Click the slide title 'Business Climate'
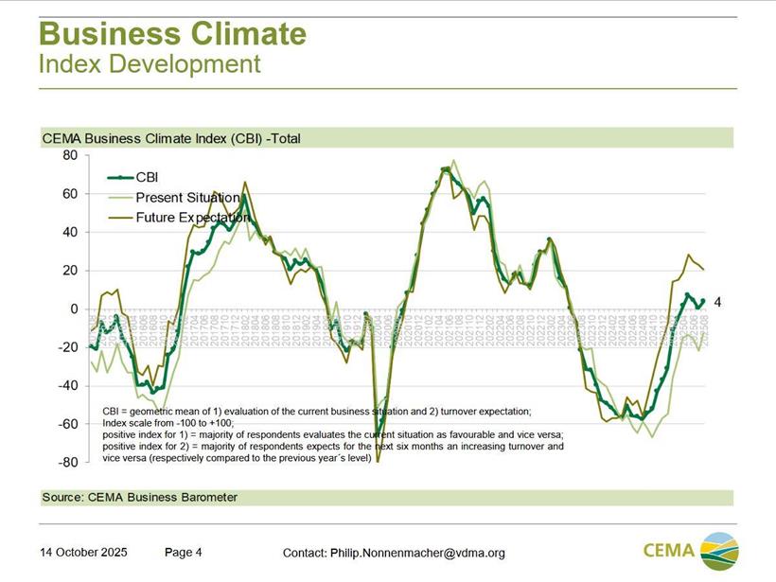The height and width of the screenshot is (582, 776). (x=172, y=34)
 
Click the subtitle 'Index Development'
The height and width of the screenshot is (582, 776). (x=150, y=64)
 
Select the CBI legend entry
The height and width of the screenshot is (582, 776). (x=147, y=177)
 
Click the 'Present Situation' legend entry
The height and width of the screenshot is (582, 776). (x=186, y=198)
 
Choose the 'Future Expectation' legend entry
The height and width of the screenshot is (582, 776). (x=192, y=218)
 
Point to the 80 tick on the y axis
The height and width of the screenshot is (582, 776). (x=70, y=155)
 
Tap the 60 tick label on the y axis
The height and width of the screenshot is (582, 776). (x=70, y=194)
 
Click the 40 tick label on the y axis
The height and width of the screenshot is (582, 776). (x=70, y=232)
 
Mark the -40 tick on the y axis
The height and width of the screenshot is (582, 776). (x=67, y=386)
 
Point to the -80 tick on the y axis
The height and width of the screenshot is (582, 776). (x=67, y=463)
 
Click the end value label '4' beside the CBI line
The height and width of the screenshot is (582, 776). (x=717, y=303)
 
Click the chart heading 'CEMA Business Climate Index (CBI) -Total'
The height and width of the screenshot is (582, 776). (x=171, y=138)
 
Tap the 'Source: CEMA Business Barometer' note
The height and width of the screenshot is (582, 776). (x=140, y=497)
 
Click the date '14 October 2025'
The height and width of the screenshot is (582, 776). (x=83, y=553)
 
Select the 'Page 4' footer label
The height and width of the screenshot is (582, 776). (x=184, y=553)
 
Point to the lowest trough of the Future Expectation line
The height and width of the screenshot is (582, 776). (x=378, y=462)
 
